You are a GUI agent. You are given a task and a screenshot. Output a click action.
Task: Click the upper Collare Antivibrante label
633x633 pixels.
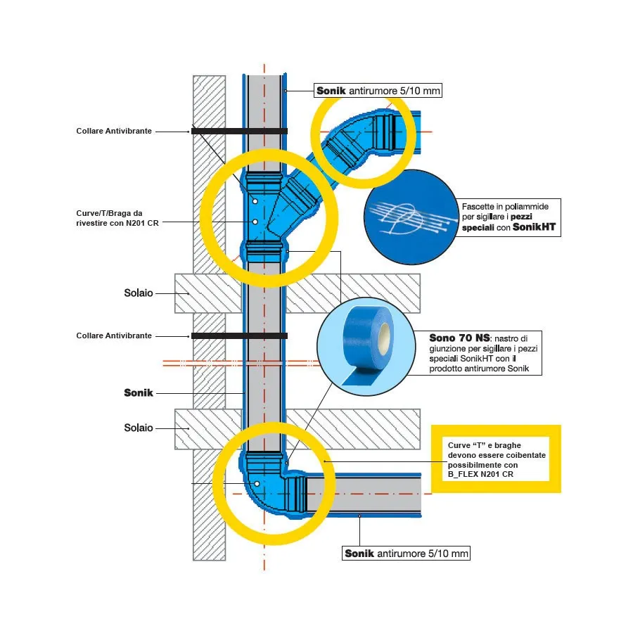(114, 132)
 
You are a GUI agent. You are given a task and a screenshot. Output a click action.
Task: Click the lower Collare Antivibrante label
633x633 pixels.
(114, 336)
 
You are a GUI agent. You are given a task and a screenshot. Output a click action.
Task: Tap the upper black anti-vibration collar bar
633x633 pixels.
(239, 132)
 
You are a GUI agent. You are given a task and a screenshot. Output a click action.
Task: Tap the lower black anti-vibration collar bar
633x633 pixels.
(239, 336)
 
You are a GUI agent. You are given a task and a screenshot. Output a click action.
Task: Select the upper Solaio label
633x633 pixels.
(139, 293)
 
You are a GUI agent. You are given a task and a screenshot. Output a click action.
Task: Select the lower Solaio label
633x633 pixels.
(139, 428)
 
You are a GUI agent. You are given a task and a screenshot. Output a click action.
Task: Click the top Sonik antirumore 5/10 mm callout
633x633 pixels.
(378, 91)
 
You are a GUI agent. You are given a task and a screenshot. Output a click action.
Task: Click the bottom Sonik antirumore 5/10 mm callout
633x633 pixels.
(406, 553)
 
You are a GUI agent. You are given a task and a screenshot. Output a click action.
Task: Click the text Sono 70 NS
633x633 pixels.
(459, 338)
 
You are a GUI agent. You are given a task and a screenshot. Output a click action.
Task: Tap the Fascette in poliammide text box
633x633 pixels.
(509, 217)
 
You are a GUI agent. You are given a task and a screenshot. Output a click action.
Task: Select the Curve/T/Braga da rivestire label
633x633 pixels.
(117, 218)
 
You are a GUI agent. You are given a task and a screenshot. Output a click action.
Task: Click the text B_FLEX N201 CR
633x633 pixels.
(480, 474)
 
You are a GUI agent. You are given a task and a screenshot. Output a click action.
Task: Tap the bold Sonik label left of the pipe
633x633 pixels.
(139, 392)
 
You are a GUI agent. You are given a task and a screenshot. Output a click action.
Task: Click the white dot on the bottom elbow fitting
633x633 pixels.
(257, 484)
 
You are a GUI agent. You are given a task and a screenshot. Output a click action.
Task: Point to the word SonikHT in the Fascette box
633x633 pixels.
(534, 227)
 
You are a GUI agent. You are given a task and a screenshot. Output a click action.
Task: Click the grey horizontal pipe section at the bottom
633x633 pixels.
(364, 494)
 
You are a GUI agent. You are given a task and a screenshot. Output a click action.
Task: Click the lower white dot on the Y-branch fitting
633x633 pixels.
(255, 222)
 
